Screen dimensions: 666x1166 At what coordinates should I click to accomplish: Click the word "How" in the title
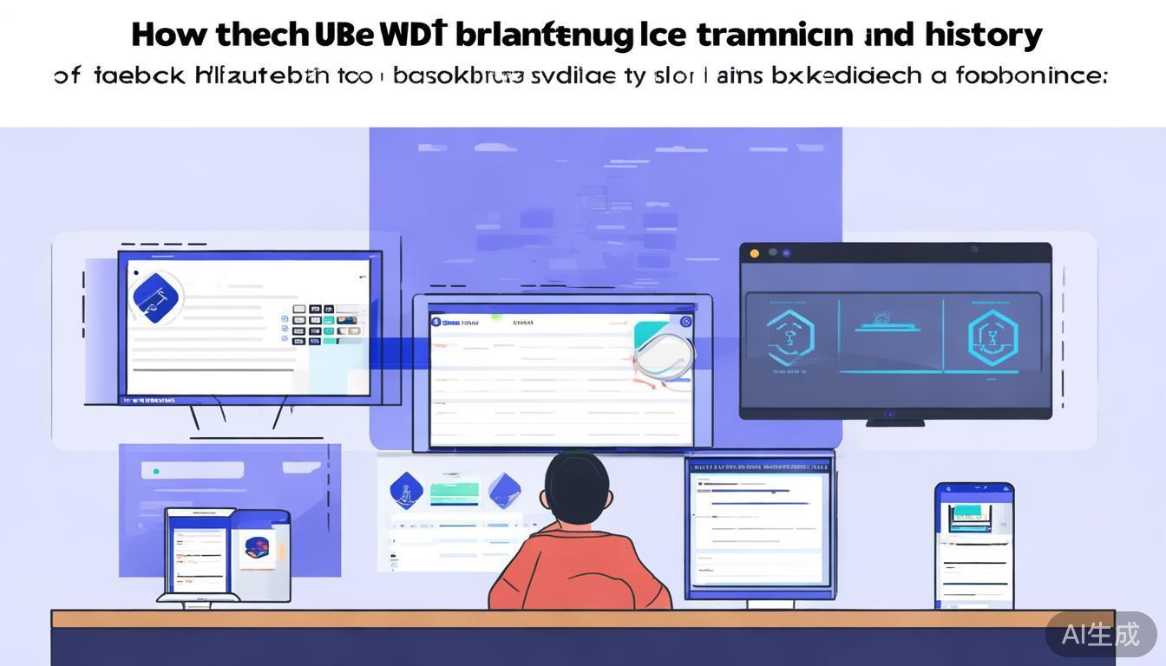point(168,35)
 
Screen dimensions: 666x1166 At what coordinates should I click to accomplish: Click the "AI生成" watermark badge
point(1100,634)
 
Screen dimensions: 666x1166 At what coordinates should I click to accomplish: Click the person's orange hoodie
point(579,572)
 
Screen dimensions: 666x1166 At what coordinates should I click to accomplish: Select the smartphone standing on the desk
point(974,545)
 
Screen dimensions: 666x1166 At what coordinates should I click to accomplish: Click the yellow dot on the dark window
point(754,253)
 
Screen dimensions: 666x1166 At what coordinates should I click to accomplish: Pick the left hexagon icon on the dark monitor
point(790,336)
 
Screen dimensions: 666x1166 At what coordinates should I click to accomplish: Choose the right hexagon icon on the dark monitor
point(992,336)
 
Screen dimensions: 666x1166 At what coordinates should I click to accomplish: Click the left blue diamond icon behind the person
point(406,491)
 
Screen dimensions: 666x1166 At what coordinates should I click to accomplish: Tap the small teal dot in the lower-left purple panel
point(156,472)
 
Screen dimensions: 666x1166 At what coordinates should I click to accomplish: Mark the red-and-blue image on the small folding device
point(258,547)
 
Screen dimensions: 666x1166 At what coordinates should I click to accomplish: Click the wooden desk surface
point(581,618)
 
